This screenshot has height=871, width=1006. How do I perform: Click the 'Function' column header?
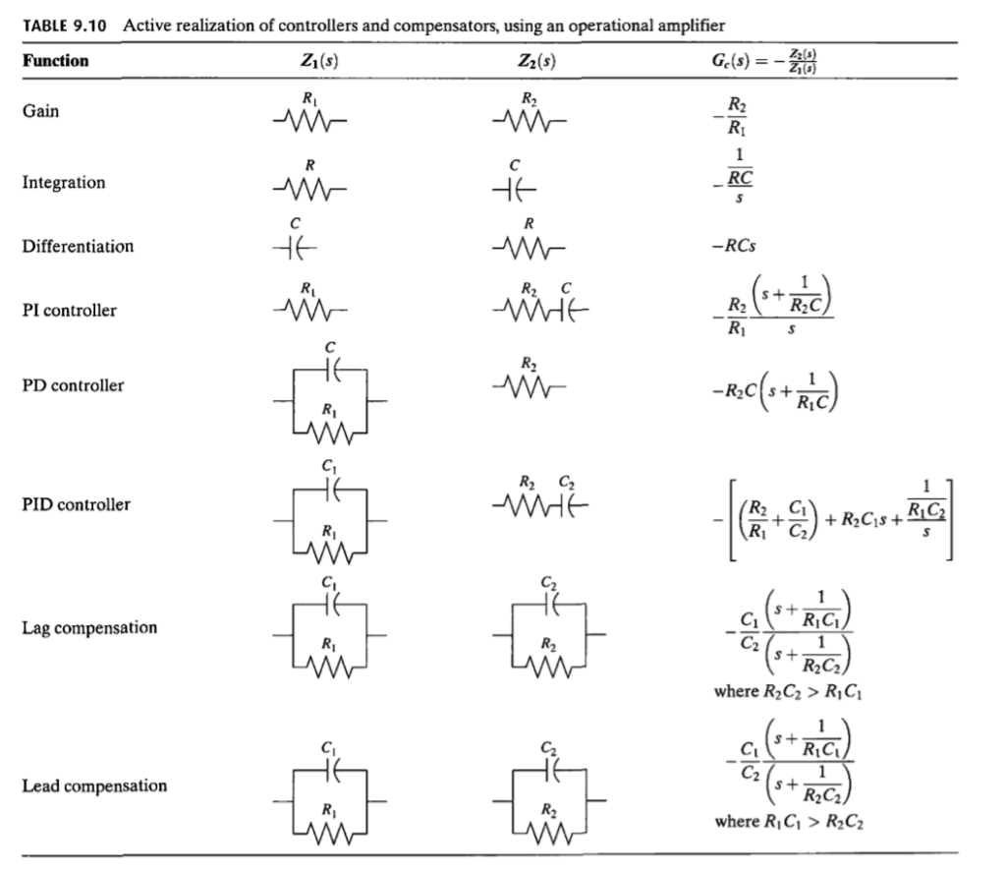coord(56,61)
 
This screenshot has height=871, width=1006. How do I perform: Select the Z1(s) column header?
coord(310,61)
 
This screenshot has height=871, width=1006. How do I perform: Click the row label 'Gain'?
coord(41,111)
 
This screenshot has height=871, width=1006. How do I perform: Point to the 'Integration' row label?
coord(64,183)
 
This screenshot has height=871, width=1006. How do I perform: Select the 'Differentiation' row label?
coord(78,246)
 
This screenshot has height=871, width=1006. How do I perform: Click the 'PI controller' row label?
coord(70,311)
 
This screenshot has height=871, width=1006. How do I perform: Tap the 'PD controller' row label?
coord(73,385)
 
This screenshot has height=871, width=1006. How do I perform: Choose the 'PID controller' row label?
coord(77,505)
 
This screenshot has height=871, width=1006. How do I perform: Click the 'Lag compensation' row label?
coord(90,627)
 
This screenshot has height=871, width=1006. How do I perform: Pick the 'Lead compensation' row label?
coord(94,786)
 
